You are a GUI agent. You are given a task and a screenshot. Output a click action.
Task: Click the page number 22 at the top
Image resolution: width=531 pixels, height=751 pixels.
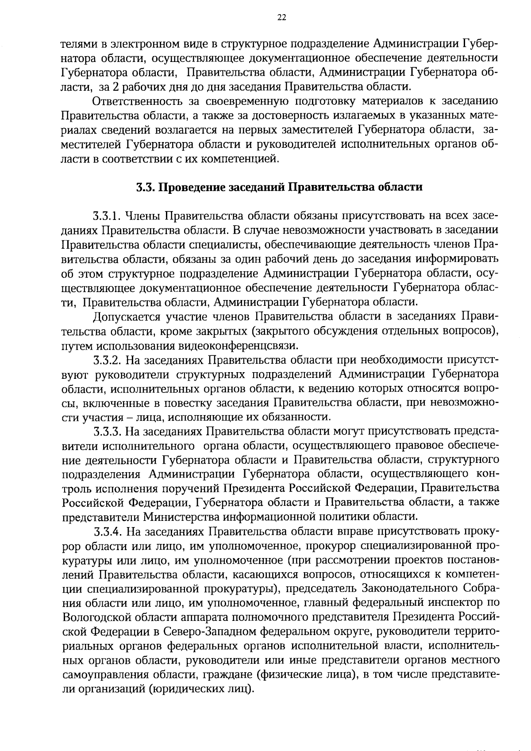click(x=282, y=18)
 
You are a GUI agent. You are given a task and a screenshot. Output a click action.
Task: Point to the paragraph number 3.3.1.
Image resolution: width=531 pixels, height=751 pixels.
click(x=107, y=216)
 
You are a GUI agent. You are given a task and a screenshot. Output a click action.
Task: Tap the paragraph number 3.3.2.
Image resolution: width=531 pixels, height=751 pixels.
click(x=107, y=360)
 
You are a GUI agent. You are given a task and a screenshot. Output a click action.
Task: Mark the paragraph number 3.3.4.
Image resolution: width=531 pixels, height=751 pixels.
click(x=108, y=531)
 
